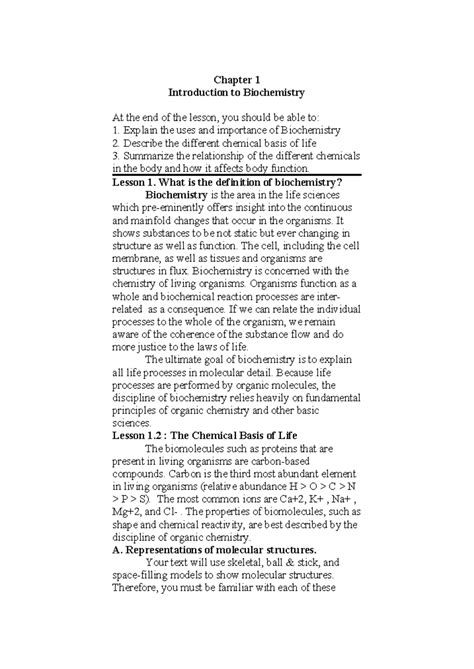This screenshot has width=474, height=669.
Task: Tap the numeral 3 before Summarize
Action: point(116,156)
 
